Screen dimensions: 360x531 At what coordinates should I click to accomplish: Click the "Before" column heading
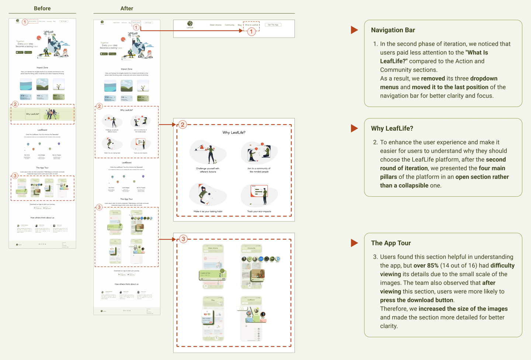(42, 8)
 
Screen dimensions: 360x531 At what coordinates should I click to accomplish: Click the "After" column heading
(126, 8)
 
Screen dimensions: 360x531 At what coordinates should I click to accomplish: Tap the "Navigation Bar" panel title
(393, 30)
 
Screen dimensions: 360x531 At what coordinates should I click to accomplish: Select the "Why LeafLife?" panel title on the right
(392, 128)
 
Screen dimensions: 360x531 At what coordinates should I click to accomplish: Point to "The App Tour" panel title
(391, 243)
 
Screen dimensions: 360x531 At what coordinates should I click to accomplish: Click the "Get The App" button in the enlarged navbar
(273, 25)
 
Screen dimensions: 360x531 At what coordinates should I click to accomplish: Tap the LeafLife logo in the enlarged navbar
(190, 24)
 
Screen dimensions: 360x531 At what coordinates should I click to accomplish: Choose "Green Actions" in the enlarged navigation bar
(215, 25)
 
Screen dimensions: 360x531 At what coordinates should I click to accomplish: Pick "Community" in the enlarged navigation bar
(229, 25)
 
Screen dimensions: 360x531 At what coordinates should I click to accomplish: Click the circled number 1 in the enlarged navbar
(251, 32)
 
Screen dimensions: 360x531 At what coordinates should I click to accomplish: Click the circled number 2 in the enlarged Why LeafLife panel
(183, 125)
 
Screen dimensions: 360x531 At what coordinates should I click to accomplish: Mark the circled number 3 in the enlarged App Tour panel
(183, 239)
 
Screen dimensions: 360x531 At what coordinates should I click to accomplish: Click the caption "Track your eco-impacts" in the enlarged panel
(259, 212)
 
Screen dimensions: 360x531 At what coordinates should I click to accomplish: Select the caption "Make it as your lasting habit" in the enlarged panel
(208, 212)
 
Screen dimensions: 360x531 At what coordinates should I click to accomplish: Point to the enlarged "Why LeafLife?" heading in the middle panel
(234, 133)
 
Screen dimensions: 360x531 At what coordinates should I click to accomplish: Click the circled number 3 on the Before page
(15, 176)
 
